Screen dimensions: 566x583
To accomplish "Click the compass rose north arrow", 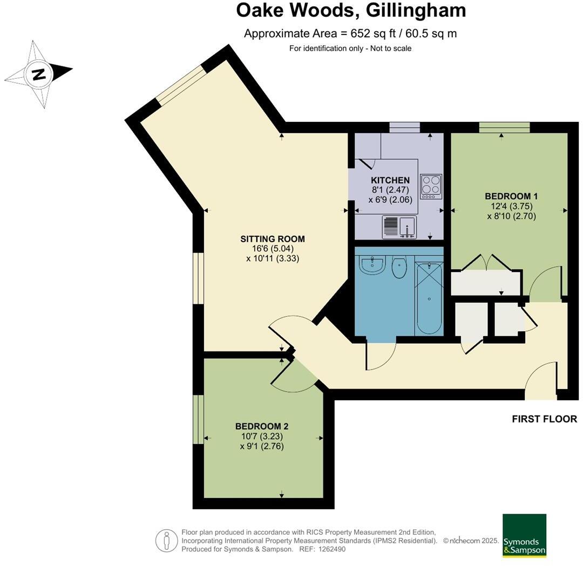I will point(39,74).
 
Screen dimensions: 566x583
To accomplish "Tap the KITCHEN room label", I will point(390,180).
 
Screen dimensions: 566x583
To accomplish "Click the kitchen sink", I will point(399,227).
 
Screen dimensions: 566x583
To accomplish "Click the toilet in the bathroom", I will point(399,267).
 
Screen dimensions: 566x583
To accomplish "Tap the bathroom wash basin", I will point(371,264).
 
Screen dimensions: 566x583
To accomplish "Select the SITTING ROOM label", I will point(273,238).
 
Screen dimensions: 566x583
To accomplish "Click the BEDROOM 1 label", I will point(511,196).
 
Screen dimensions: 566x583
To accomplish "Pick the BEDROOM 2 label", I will point(262,426).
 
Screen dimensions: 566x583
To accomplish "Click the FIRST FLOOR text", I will point(544,419).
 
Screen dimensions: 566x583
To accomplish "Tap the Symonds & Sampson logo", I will point(524,535).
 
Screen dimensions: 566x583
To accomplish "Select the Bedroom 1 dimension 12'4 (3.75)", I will point(511,206).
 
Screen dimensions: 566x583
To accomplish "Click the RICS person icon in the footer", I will point(167,540).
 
